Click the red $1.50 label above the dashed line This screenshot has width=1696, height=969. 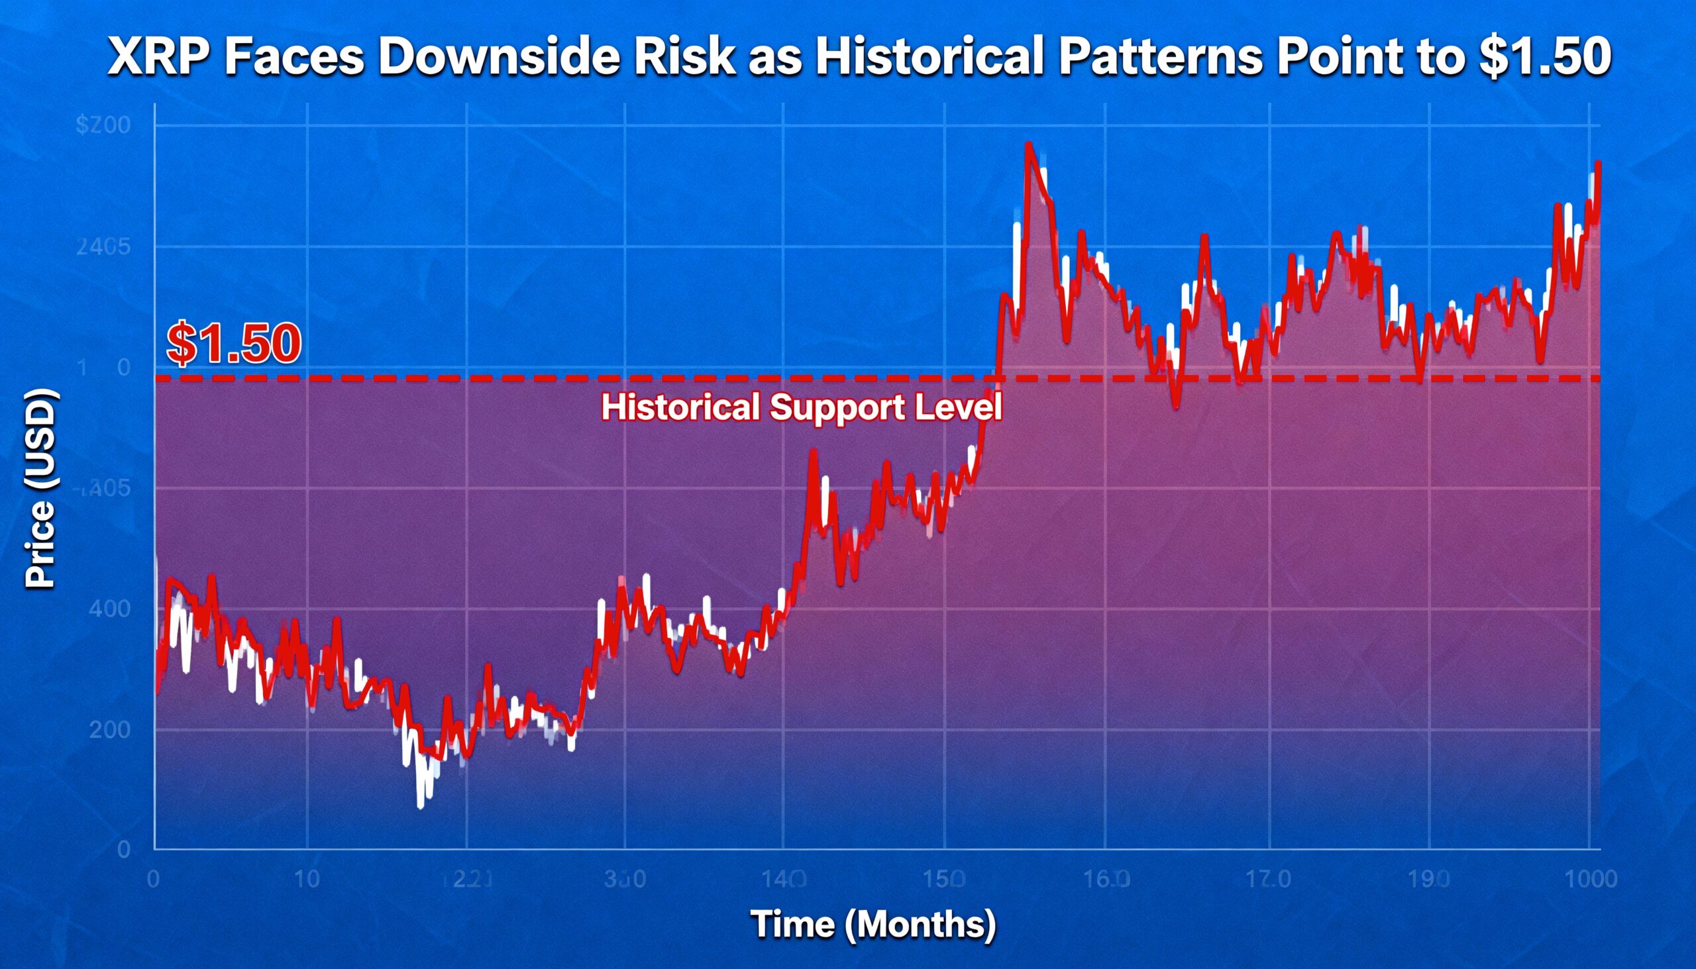pos(234,343)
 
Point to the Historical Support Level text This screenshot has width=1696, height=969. pos(802,407)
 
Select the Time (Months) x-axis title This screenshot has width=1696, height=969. pos(873,925)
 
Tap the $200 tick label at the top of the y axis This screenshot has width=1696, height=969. pos(103,125)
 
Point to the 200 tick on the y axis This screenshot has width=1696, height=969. pos(109,729)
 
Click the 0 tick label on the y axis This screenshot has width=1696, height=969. pos(123,849)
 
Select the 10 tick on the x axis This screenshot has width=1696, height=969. pos(307,879)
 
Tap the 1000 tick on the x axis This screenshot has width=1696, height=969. pos(1591,879)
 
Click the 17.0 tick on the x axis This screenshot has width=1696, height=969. pos(1269,879)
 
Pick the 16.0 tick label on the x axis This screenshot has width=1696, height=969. pos(1106,879)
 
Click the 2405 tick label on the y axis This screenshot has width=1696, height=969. pos(103,248)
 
